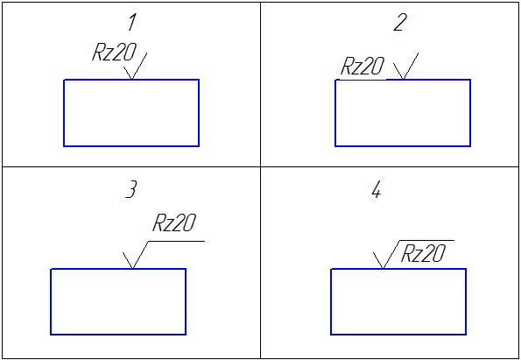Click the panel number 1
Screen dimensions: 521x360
click(132, 24)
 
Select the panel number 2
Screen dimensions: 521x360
click(399, 24)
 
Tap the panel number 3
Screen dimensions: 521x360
click(131, 190)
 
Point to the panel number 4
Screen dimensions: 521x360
click(377, 191)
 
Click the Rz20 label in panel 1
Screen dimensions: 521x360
click(115, 53)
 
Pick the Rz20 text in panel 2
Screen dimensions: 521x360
click(363, 67)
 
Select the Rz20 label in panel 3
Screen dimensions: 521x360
click(174, 222)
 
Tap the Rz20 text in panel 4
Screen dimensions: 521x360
click(423, 254)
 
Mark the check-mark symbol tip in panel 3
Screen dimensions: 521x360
click(132, 269)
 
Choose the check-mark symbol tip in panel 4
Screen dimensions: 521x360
click(383, 269)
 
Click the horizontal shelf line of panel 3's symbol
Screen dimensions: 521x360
click(176, 241)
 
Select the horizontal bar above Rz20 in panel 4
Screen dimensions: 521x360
click(426, 240)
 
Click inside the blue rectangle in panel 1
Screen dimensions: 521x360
click(131, 113)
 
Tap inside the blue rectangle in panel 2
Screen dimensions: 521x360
click(403, 113)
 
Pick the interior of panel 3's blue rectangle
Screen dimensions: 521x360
click(118, 301)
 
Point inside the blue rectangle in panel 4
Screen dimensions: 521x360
click(398, 301)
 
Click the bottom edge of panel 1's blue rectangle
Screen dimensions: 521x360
click(131, 146)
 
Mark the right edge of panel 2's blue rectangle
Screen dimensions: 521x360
click(470, 113)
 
